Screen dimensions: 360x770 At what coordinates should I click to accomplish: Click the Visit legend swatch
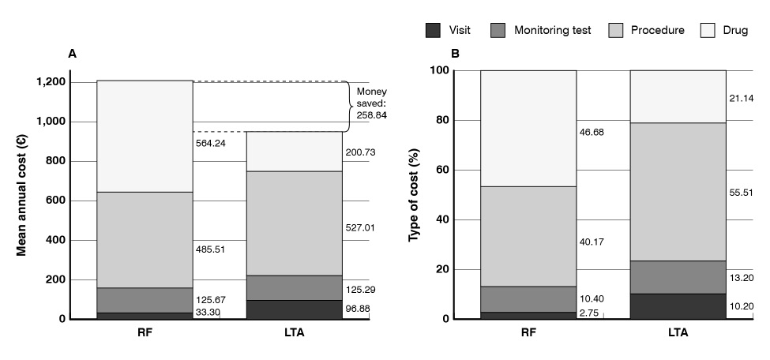pyautogui.click(x=433, y=31)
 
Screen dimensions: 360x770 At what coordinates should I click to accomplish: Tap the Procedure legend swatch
pyautogui.click(x=616, y=31)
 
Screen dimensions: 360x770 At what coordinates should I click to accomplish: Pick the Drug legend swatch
pyautogui.click(x=708, y=31)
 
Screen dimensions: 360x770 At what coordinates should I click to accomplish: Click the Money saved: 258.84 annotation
pyautogui.click(x=372, y=103)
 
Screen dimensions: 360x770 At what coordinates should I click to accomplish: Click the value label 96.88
pyautogui.click(x=359, y=308)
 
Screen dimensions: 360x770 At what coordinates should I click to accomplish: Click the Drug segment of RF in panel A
pyautogui.click(x=145, y=136)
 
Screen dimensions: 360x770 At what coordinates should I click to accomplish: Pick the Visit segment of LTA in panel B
pyautogui.click(x=678, y=306)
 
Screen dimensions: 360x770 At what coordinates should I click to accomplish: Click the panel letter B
pyautogui.click(x=455, y=54)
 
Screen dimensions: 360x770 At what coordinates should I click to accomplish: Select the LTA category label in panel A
pyautogui.click(x=294, y=332)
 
